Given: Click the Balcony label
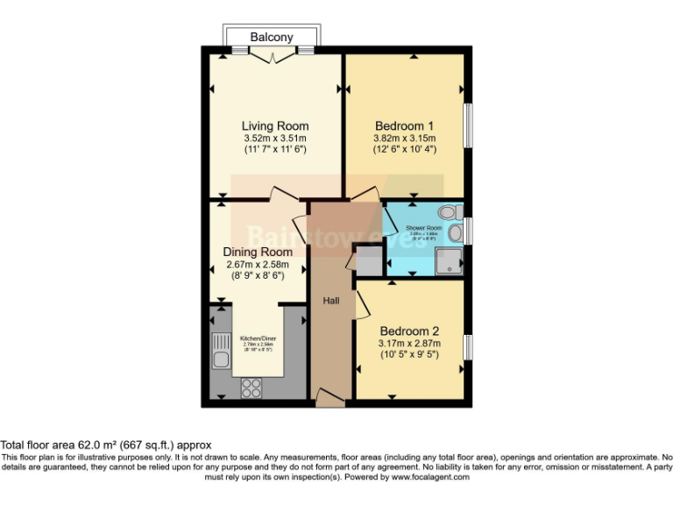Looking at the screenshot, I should [272, 37].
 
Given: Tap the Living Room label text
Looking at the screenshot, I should [275, 125].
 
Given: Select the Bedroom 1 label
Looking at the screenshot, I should [405, 124].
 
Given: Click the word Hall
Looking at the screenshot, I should [331, 301].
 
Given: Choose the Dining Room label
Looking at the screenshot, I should [257, 252].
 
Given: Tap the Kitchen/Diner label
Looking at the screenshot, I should [257, 338].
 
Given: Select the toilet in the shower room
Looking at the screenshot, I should [450, 212].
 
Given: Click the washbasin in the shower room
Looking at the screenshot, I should [455, 233].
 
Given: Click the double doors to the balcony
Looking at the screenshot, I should [272, 56].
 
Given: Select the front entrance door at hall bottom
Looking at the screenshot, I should [329, 402].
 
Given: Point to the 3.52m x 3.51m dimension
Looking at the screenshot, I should [275, 139].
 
